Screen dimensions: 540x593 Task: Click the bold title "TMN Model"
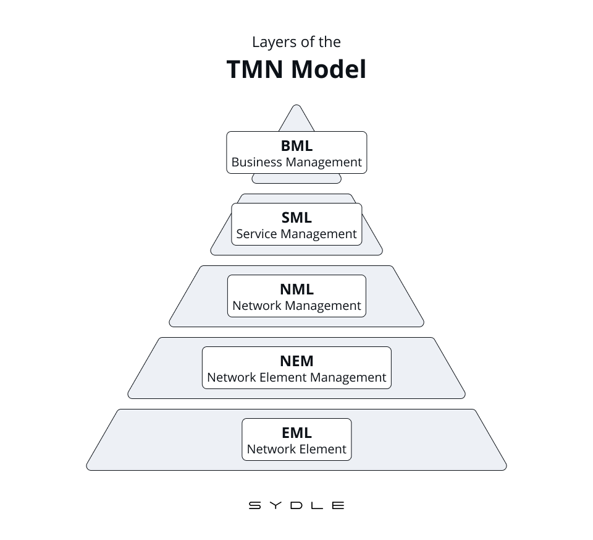[296, 69]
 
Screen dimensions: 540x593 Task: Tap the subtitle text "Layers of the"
[296, 42]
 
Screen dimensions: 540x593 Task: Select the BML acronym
[296, 145]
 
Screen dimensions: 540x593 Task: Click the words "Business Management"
[296, 162]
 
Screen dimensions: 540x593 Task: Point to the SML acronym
[296, 217]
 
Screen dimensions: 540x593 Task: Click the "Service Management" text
[296, 234]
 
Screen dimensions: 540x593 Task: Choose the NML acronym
[296, 289]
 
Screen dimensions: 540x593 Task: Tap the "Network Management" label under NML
[296, 306]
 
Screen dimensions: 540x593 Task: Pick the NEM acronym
[296, 361]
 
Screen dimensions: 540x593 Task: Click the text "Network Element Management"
[296, 377]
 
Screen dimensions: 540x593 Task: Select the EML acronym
[296, 432]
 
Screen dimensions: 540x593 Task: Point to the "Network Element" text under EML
[296, 449]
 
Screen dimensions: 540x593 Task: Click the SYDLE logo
[296, 505]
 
